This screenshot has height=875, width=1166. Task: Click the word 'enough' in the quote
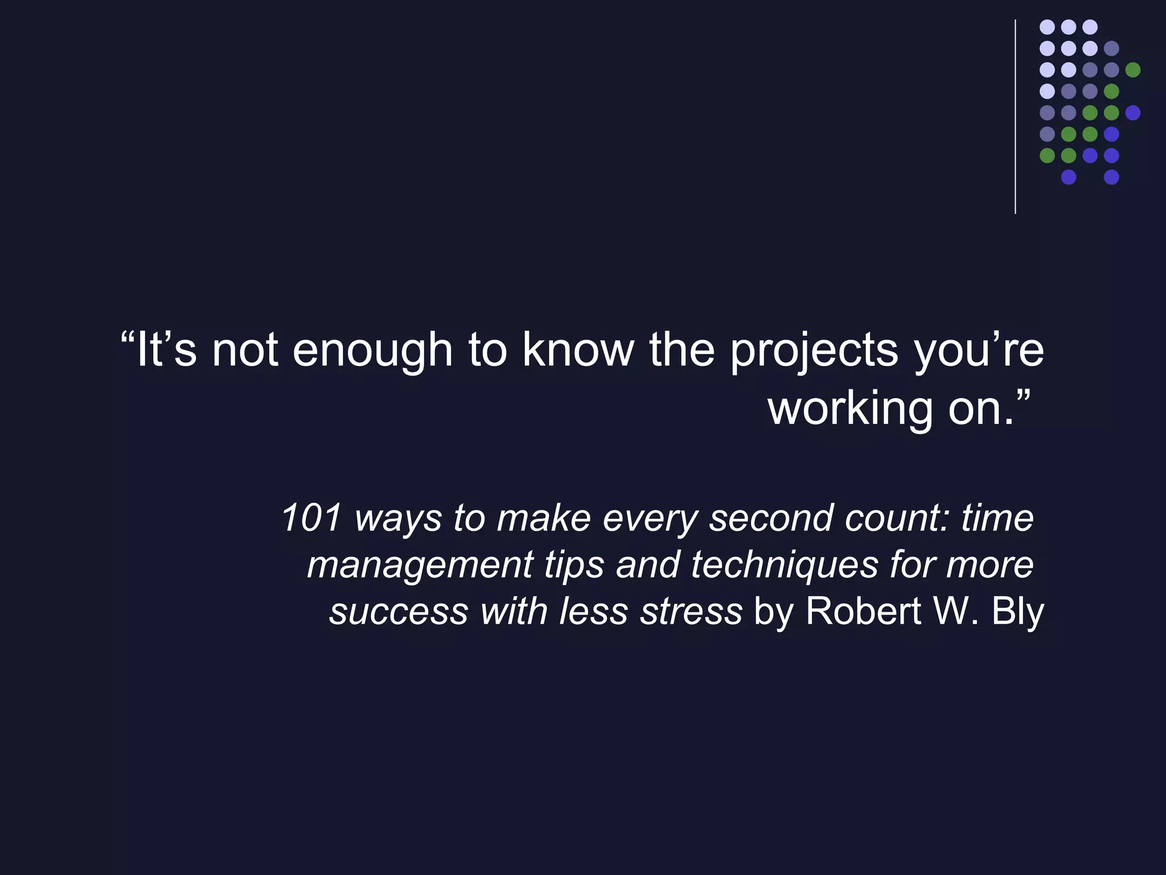point(372,351)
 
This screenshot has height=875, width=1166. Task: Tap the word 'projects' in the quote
point(814,351)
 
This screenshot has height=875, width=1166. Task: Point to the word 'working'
point(851,409)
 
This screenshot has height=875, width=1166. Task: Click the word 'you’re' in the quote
point(979,351)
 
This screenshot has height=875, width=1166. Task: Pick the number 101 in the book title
point(311,518)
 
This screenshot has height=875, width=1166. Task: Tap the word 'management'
point(420,565)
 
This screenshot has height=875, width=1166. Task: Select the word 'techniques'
point(785,565)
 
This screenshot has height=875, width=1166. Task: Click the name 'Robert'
point(863,611)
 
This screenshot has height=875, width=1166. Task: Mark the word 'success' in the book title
point(398,611)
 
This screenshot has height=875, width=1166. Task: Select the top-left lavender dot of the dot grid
point(1047,27)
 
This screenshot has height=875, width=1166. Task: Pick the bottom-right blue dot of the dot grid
point(1111,177)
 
